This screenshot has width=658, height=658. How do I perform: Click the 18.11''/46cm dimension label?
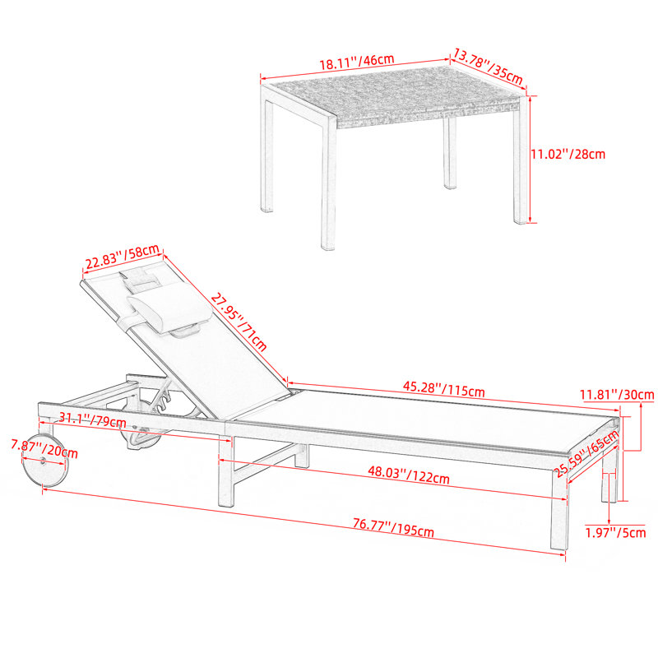[x=357, y=62]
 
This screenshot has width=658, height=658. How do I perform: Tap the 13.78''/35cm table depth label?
[x=488, y=67]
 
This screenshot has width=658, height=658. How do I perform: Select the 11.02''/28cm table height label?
[x=568, y=154]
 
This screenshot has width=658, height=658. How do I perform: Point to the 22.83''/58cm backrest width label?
[x=122, y=257]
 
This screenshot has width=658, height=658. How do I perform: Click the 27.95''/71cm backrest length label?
[x=239, y=322]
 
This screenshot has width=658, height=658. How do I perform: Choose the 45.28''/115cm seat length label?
[x=443, y=388]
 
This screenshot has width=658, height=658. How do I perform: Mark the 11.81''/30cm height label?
[x=617, y=395]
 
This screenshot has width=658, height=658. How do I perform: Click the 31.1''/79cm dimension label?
[x=92, y=419]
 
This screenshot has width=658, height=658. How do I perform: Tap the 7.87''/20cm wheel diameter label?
[x=44, y=448]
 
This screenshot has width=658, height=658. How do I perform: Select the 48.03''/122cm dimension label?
[x=409, y=475]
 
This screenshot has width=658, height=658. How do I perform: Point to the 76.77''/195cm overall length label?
[x=393, y=528]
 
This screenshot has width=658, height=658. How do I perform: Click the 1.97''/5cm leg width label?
[x=615, y=533]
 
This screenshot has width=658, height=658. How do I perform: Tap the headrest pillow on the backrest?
[x=169, y=309]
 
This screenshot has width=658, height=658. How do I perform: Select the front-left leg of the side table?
[x=328, y=183]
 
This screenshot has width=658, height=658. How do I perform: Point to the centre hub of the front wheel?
[x=44, y=461]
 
